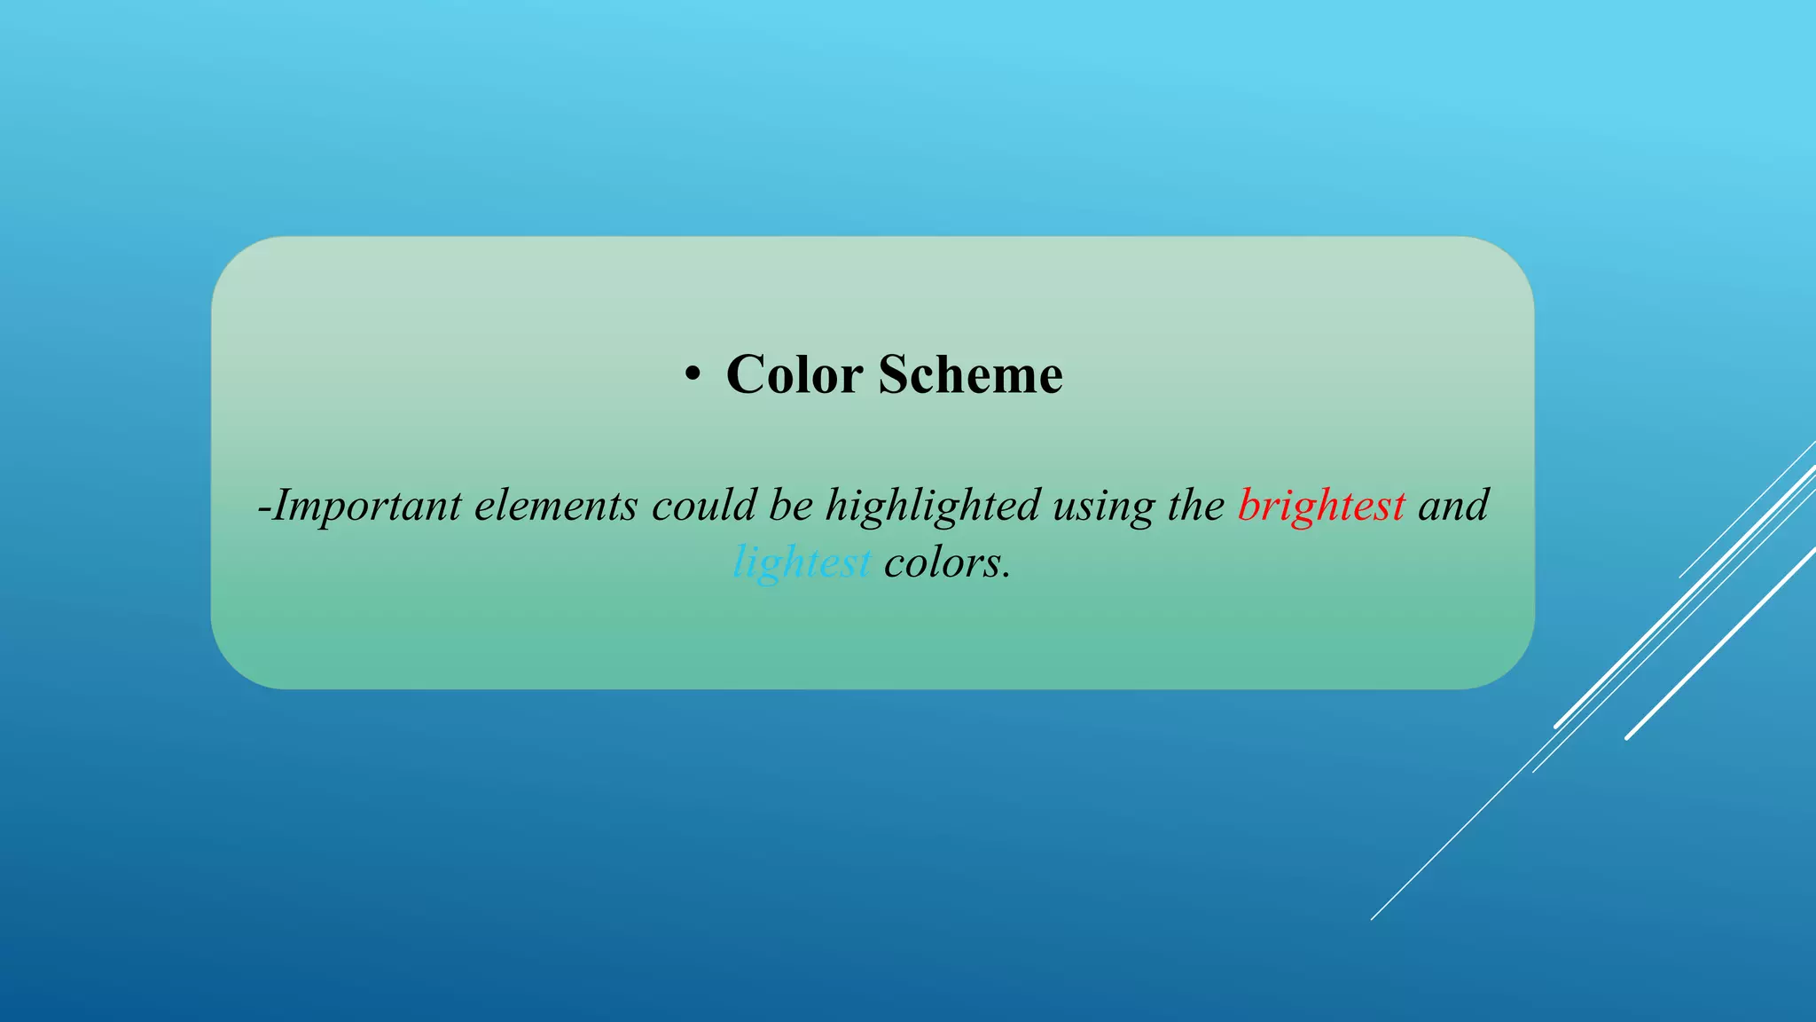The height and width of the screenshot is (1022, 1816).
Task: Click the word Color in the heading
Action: pyautogui.click(x=794, y=374)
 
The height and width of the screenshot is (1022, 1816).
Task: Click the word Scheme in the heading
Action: pyautogui.click(x=970, y=374)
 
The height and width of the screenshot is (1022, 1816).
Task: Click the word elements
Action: pyautogui.click(x=556, y=506)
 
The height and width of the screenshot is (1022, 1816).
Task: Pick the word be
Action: pyautogui.click(x=790, y=505)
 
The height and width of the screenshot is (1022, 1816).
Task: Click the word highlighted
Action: pyautogui.click(x=933, y=506)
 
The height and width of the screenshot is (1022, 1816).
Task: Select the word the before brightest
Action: pyautogui.click(x=1196, y=505)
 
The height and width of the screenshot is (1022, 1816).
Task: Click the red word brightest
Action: pyautogui.click(x=1321, y=506)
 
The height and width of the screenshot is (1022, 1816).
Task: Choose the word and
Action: pyautogui.click(x=1453, y=505)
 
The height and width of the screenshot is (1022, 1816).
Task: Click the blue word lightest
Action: pyautogui.click(x=802, y=562)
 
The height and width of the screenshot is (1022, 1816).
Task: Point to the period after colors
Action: pyautogui.click(x=1006, y=576)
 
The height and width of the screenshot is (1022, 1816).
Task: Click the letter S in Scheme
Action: pyautogui.click(x=894, y=374)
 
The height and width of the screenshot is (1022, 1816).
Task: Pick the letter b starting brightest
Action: pyautogui.click(x=1248, y=505)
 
